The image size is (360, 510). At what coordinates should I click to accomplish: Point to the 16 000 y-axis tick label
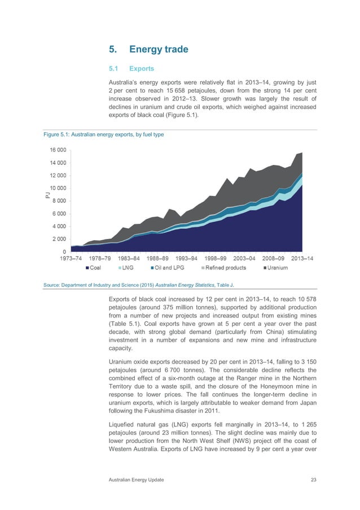[x=57, y=150]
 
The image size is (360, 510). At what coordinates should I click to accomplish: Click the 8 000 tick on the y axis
[x=59, y=200]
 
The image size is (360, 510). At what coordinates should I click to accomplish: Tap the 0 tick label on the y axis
[x=64, y=252]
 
